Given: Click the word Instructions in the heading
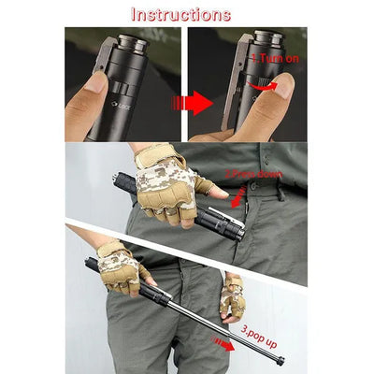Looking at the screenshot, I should click(180, 14).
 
